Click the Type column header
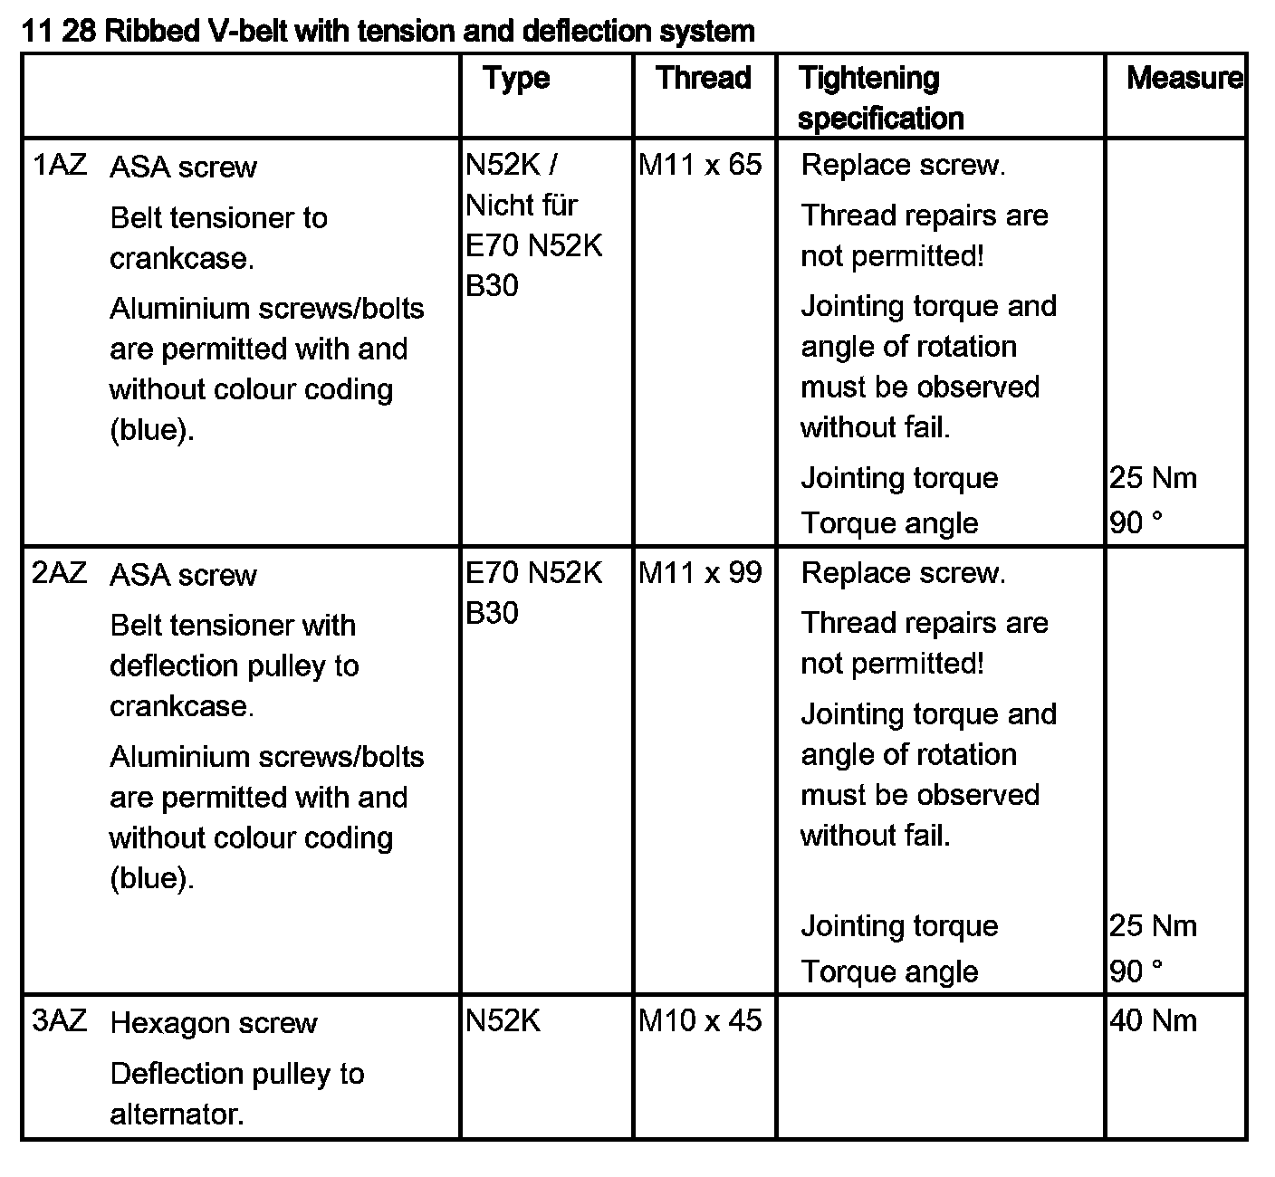516,79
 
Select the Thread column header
704,78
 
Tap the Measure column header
1184,78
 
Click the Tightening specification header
880,98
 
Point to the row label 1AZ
60,166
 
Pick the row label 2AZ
60,574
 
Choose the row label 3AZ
60,1021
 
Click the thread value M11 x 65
700,165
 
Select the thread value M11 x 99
700,573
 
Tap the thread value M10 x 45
700,1021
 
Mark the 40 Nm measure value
1153,1021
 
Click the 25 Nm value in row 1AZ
1153,478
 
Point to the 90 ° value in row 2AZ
1136,971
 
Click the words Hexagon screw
214,1023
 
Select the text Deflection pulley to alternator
236,1094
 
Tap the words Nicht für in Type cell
522,206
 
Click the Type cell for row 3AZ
503,1021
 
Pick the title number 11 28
59,32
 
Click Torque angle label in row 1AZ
889,523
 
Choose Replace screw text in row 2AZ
903,573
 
